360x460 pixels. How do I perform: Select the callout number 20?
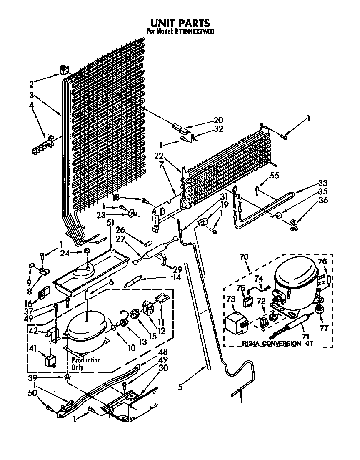218,120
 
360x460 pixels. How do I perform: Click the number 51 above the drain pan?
110,222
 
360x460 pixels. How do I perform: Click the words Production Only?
85,364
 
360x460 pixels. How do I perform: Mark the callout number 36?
323,200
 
